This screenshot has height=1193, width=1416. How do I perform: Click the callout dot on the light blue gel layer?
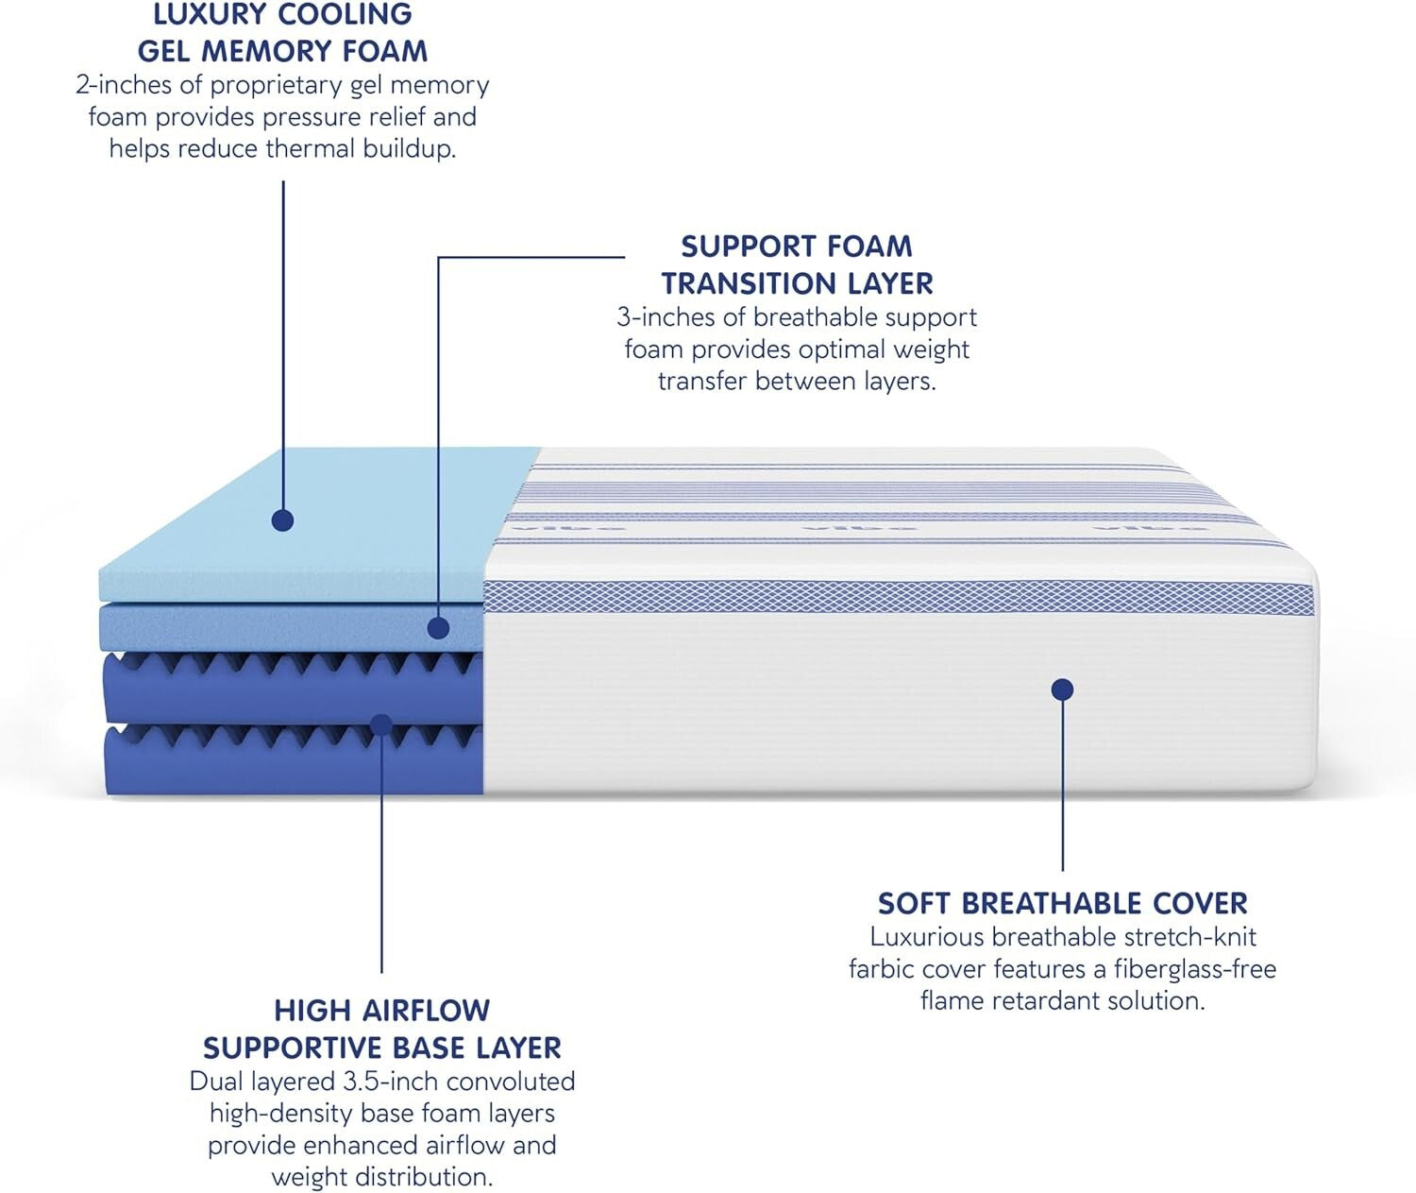point(282,520)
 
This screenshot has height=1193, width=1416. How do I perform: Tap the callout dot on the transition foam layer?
point(438,627)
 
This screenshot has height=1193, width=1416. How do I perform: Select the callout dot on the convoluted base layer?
point(381,724)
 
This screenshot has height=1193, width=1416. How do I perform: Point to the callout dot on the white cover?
point(1062,690)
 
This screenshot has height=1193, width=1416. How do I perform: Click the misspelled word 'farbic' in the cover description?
point(880,969)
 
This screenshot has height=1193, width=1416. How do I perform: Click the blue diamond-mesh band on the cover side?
point(897,598)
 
